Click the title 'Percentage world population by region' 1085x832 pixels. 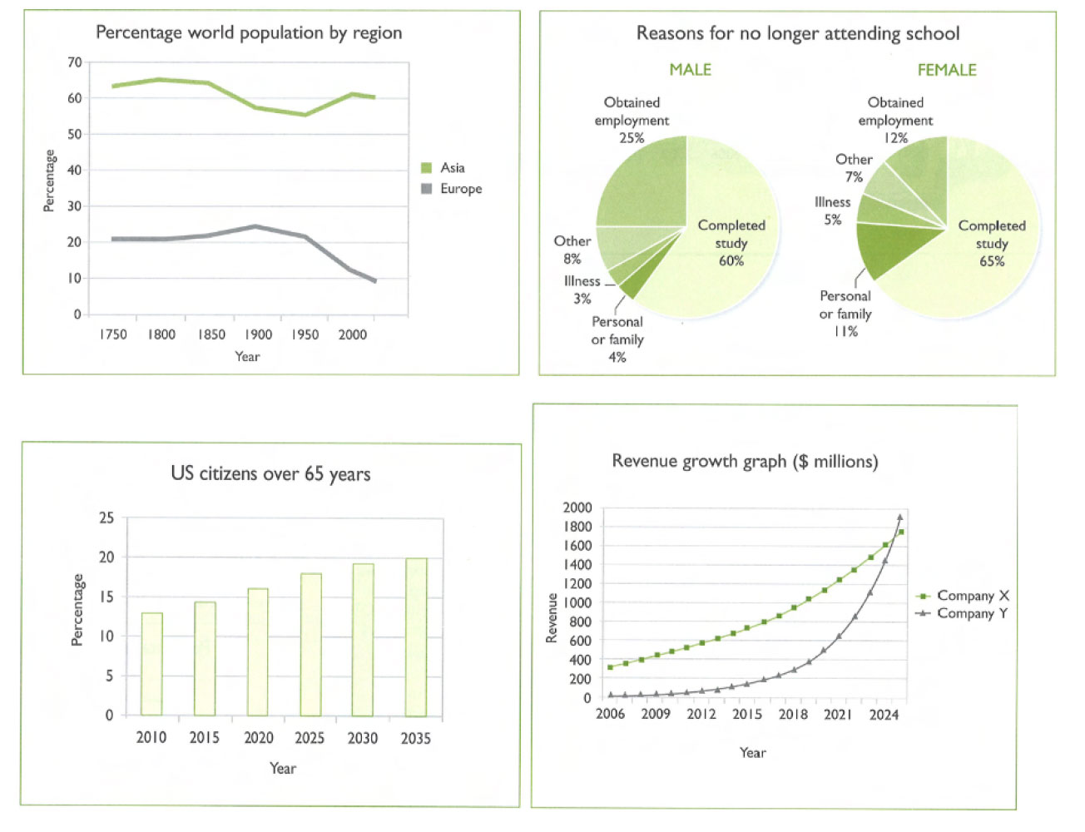[249, 33]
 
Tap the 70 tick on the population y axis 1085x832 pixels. [75, 62]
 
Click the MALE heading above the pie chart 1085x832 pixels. [690, 70]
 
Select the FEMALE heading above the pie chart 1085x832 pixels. [946, 70]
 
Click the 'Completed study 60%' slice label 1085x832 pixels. [731, 243]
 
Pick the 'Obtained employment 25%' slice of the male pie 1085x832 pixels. [645, 183]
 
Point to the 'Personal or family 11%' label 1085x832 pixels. [845, 314]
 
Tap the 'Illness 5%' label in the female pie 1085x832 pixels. [832, 210]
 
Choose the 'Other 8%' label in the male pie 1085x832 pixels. [572, 250]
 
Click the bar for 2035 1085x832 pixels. [416, 636]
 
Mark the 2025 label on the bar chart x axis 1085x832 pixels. [310, 738]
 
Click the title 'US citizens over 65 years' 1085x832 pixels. [270, 474]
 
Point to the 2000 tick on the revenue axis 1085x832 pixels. [577, 508]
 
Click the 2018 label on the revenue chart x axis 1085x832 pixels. [793, 714]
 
